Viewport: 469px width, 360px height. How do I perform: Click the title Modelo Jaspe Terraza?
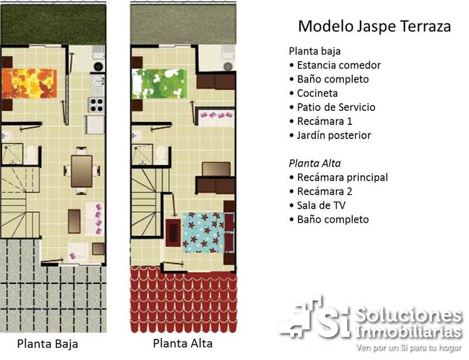click(x=375, y=26)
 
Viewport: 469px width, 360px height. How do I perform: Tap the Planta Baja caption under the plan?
click(x=47, y=344)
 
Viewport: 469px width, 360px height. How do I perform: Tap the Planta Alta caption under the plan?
click(x=183, y=343)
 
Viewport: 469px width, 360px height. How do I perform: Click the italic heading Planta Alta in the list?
click(x=315, y=164)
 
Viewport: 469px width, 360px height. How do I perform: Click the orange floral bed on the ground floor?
click(x=29, y=83)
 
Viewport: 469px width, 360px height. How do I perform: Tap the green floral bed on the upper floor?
click(x=159, y=84)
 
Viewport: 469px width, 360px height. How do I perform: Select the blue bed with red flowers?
click(x=203, y=232)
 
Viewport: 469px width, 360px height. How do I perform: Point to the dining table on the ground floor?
click(x=81, y=171)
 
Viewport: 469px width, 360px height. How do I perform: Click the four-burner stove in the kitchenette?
click(x=96, y=105)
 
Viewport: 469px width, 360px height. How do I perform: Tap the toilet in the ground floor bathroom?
click(x=31, y=154)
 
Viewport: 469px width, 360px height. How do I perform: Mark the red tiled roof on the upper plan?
click(x=183, y=299)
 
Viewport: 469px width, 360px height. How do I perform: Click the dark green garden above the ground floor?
click(x=53, y=25)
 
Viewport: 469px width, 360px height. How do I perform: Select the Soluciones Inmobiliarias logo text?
click(x=409, y=324)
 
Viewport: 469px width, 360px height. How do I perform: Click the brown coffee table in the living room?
click(x=74, y=222)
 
